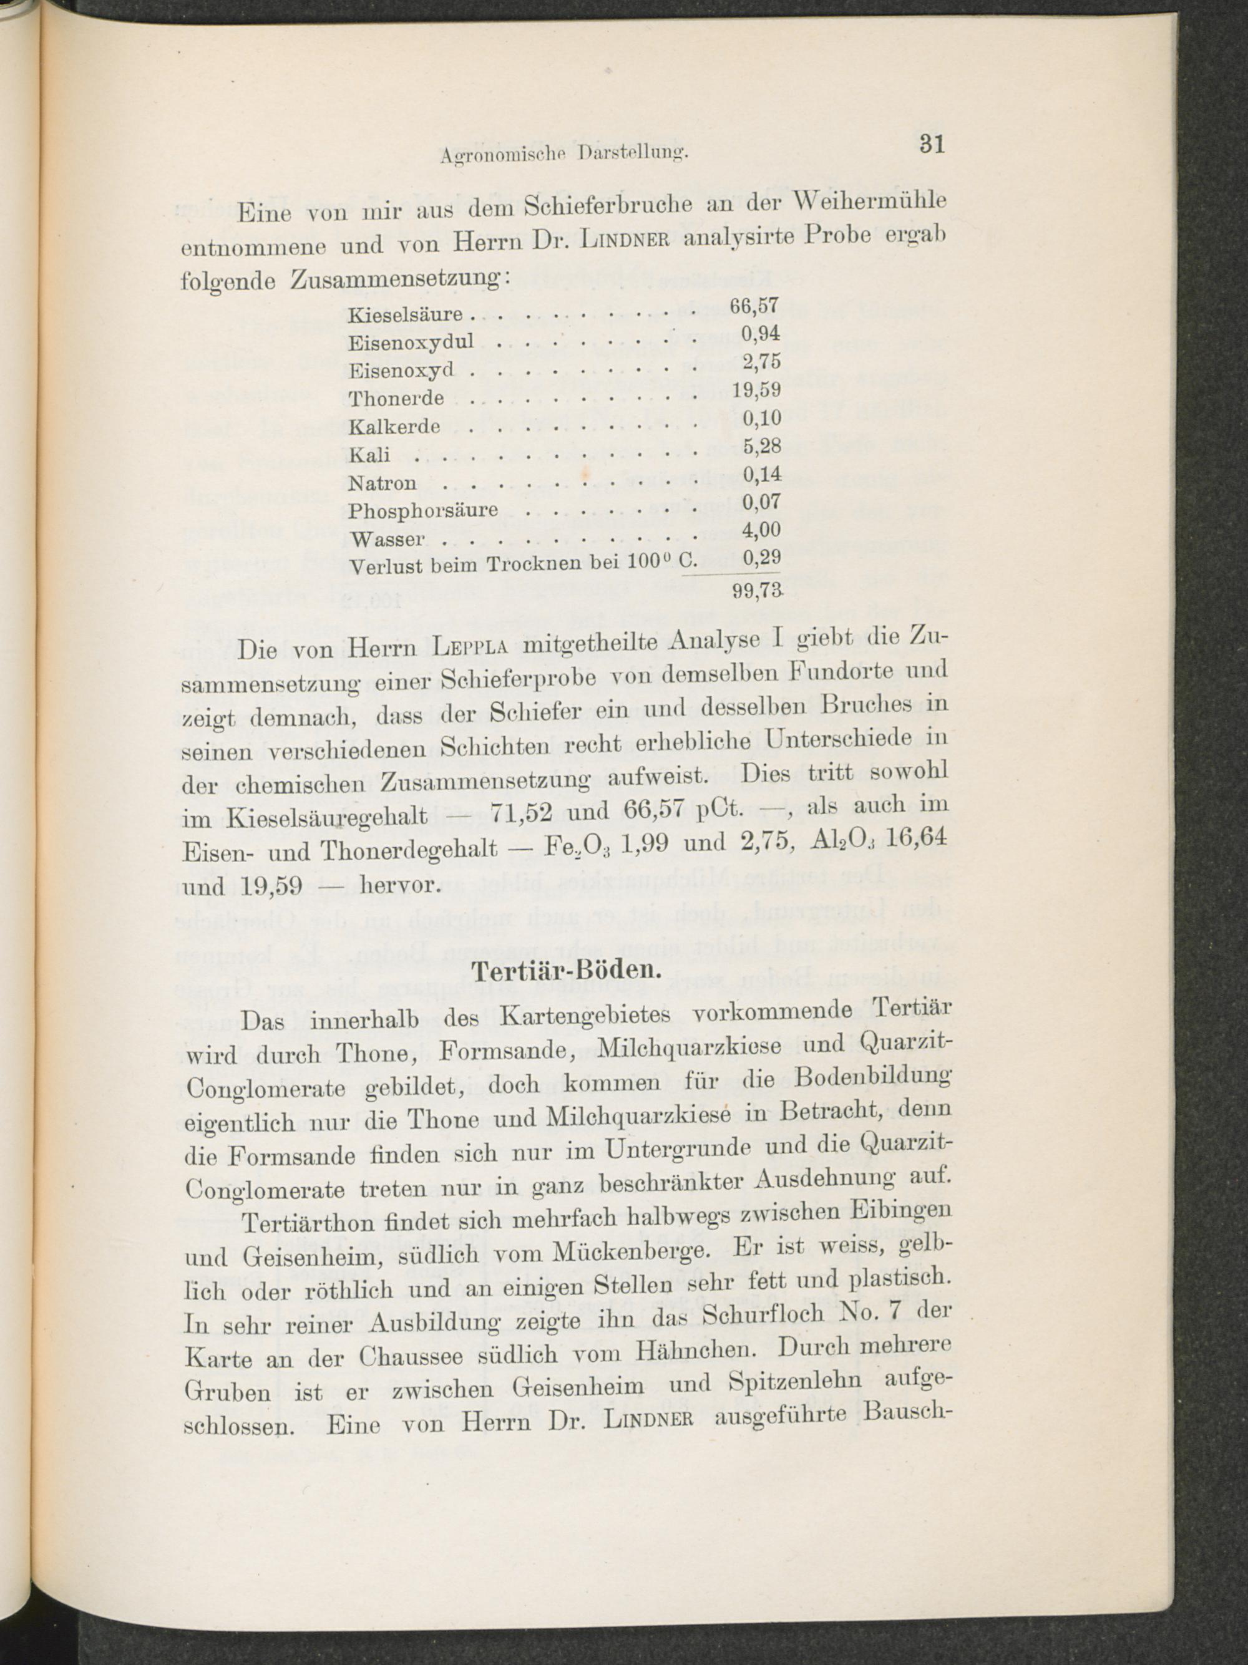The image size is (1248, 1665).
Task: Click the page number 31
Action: (932, 143)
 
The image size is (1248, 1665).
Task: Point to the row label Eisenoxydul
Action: (411, 342)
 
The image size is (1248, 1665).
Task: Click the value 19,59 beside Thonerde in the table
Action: (756, 390)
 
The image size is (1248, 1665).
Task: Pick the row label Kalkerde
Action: (394, 426)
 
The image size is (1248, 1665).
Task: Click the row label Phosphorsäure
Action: (423, 510)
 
